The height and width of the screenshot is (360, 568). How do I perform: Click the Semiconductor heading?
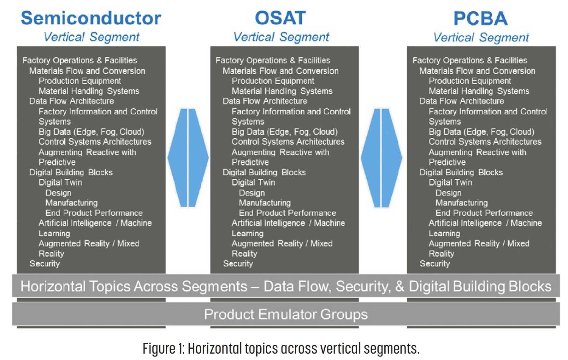[91, 18]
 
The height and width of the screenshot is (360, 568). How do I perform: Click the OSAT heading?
[280, 18]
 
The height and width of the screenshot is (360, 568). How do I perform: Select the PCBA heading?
[480, 18]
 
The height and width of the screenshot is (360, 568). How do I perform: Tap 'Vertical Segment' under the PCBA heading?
[481, 37]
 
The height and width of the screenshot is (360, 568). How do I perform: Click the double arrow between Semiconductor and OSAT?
[188, 158]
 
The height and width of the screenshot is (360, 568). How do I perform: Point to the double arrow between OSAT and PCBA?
[381, 158]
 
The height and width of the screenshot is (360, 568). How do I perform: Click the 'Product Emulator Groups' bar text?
[286, 314]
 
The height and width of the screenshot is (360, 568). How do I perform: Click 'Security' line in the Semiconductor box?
[44, 264]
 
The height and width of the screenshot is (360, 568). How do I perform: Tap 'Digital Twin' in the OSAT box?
[253, 183]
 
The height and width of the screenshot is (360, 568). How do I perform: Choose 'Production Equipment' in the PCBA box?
[469, 81]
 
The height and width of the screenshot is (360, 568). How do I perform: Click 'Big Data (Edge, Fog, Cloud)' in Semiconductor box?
[91, 132]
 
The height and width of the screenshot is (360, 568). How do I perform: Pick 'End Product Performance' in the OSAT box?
[287, 213]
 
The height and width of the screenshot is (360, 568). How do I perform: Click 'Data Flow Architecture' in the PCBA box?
[461, 101]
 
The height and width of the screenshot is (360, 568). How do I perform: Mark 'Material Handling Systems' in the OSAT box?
[282, 91]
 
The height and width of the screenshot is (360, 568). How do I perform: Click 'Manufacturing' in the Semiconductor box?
[71, 203]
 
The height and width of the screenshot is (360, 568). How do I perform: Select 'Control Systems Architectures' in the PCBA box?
[485, 142]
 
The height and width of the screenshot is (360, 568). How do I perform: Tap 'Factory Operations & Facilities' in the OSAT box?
[273, 60]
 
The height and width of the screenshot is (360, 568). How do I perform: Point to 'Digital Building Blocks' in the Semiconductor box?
[71, 172]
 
